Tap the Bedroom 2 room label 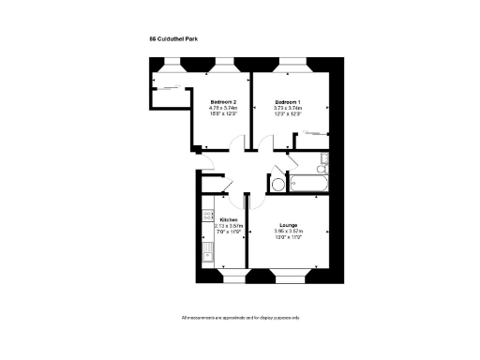point(223,101)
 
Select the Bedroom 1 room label point(287,101)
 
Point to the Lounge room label point(287,226)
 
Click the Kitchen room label point(229,220)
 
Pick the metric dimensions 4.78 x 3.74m point(223,108)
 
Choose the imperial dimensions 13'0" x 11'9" point(287,238)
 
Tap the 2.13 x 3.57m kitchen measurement point(229,226)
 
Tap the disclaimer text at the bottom point(240,319)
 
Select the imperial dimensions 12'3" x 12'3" point(287,114)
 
